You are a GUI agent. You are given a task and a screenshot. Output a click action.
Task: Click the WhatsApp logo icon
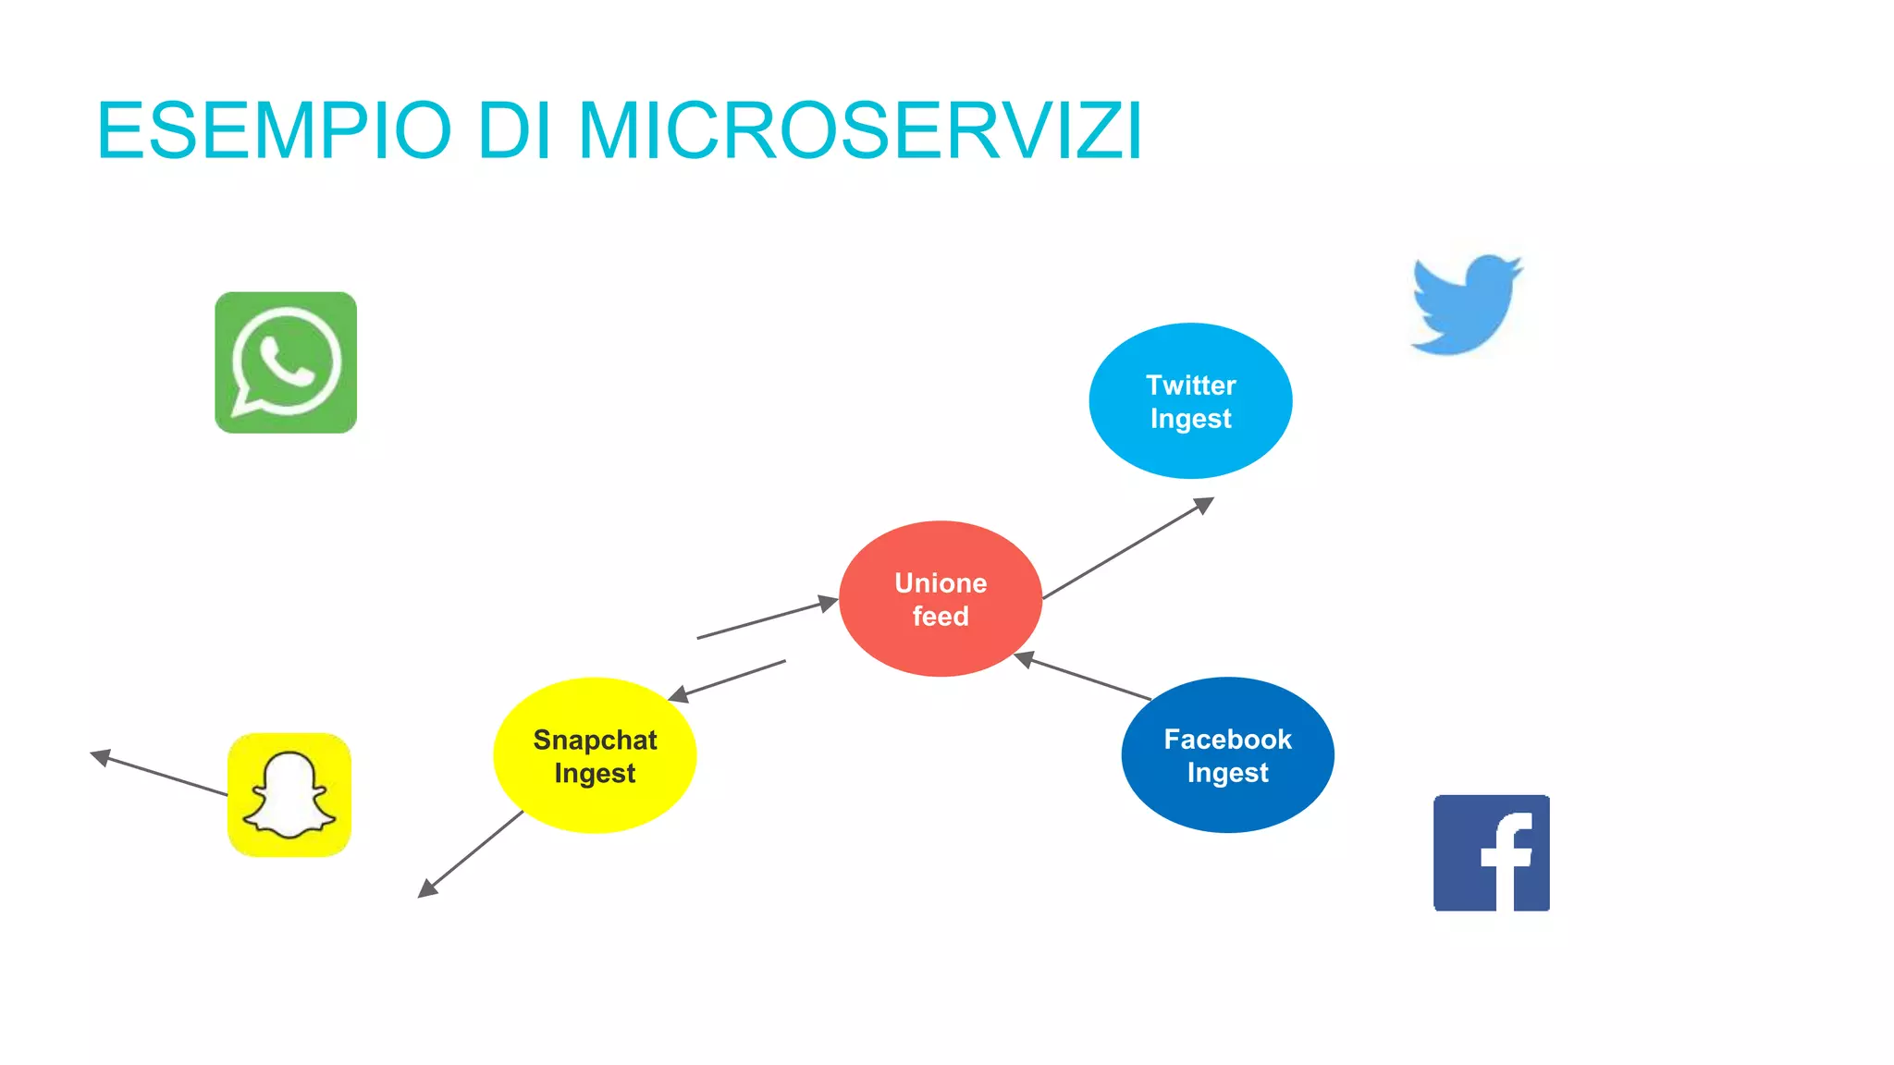[x=286, y=362]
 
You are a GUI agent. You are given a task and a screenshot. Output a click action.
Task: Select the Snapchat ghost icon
[x=289, y=795]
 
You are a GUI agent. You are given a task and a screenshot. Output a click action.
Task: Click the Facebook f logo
[x=1491, y=852]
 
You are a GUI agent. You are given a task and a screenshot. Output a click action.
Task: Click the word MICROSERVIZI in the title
[x=860, y=131]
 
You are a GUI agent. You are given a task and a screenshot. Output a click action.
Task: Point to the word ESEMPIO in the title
[x=274, y=131]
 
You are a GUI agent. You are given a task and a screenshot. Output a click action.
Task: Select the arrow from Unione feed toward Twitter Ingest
[x=1128, y=548]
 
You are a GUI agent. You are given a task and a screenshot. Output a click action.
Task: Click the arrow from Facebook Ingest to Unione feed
[x=1084, y=678]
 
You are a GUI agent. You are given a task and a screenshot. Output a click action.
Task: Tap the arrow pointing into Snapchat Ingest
[x=728, y=679]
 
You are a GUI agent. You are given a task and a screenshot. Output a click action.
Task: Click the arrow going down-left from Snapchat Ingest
[x=472, y=853]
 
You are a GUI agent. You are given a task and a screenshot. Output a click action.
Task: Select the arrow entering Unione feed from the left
[x=768, y=618]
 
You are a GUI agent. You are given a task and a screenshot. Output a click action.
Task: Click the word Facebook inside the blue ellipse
[x=1227, y=740]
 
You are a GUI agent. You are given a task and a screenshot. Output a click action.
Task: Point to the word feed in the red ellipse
[x=941, y=617]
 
